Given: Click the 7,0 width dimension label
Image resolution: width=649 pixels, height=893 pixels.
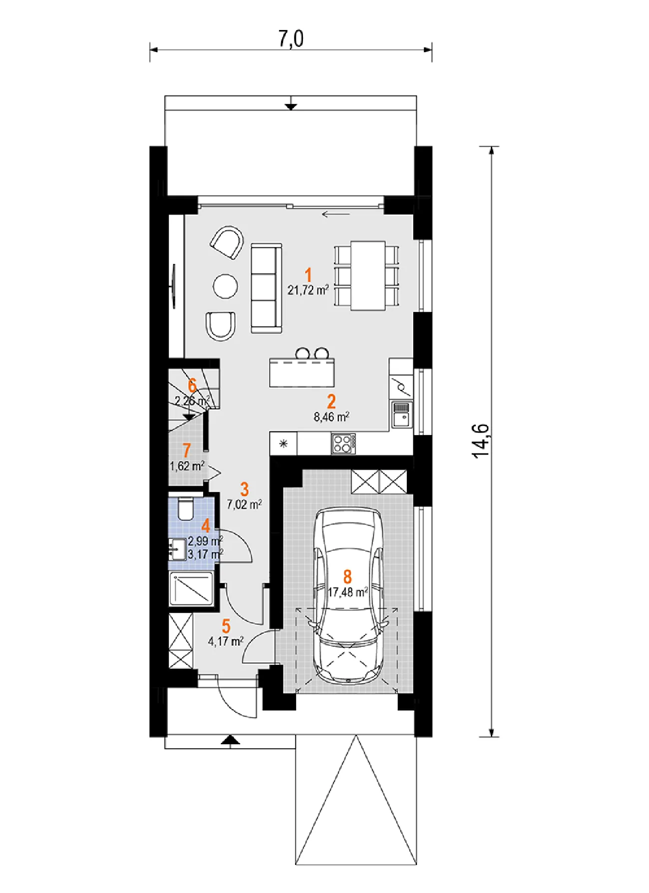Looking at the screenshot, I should (291, 39).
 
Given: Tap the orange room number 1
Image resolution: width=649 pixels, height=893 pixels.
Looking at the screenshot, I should (308, 275).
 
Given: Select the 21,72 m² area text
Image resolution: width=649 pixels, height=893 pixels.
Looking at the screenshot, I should (308, 290).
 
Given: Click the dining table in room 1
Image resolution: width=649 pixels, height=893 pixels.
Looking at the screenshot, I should (367, 275).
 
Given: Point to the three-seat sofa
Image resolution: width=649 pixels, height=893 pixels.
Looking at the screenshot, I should (266, 288).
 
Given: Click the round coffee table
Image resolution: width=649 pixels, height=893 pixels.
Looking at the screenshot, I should (225, 286).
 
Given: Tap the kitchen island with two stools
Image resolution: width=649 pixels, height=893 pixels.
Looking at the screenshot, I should (302, 372).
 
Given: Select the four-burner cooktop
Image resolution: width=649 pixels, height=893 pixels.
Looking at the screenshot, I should (343, 444).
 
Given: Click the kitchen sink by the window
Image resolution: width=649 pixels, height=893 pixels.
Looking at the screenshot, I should (401, 415).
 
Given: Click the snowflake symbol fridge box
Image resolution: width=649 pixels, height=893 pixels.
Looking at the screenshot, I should (284, 444).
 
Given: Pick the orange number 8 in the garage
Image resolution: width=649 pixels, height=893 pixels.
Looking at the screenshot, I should (347, 577).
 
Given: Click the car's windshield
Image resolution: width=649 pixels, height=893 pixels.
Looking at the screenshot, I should (347, 627).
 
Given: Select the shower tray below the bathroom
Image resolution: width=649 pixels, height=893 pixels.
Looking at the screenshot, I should (191, 589).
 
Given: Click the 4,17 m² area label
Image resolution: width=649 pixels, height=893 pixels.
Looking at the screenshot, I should (226, 641).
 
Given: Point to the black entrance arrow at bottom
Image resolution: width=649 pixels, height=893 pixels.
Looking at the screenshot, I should (230, 740).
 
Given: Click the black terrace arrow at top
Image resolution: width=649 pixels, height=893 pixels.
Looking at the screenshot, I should (291, 106).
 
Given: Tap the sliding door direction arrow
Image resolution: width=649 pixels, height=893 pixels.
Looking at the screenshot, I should (336, 215).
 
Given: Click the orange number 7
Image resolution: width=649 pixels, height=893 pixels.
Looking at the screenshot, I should (187, 450).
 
